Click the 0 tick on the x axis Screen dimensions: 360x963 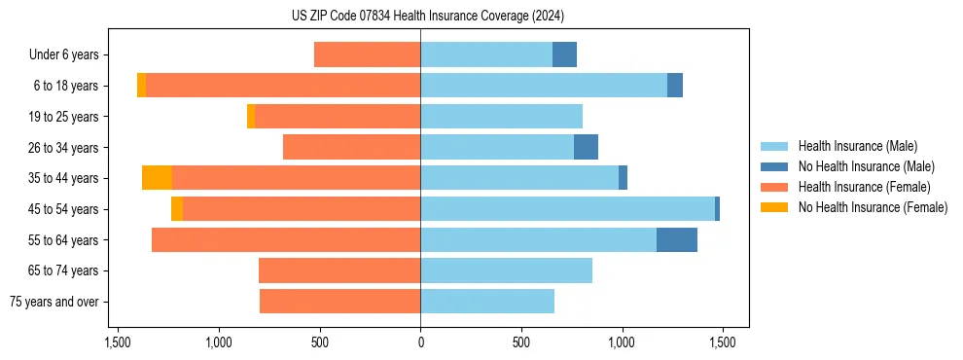point(420,342)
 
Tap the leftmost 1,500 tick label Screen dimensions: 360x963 point(118,342)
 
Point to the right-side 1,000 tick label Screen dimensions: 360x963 point(622,342)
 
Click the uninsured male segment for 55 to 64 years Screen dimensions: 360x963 point(677,239)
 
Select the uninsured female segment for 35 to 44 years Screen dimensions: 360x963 point(157,178)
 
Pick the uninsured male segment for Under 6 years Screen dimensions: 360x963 point(564,54)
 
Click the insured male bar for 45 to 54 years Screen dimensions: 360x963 point(567,209)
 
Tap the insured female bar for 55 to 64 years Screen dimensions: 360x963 point(286,239)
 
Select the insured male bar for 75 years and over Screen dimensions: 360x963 point(487,302)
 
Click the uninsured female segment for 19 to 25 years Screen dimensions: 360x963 point(251,117)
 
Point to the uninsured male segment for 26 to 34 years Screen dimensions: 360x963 point(586,147)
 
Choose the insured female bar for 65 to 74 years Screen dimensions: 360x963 point(339,270)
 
